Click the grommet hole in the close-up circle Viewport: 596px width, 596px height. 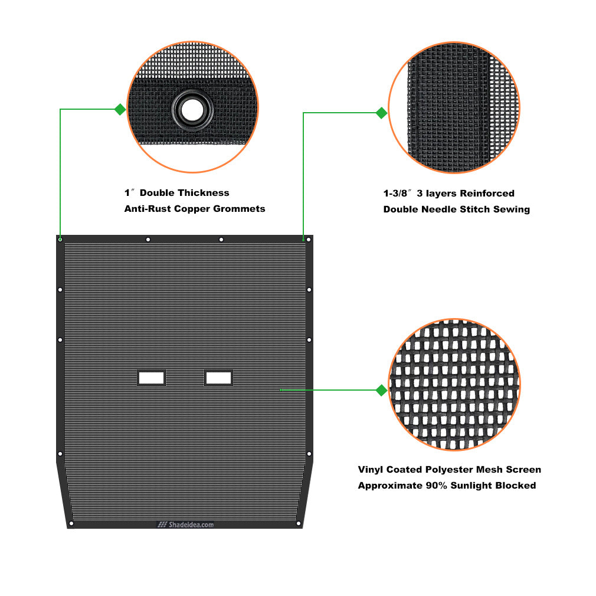[x=192, y=110]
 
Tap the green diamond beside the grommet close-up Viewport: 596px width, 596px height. [x=120, y=110]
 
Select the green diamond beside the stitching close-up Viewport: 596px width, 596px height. [x=381, y=113]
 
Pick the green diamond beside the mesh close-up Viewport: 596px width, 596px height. [x=381, y=391]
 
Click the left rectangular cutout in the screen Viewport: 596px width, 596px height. [x=151, y=378]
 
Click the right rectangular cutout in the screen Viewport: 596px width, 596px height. [x=218, y=378]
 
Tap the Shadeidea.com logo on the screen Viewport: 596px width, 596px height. [x=185, y=525]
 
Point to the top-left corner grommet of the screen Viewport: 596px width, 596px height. [x=60, y=240]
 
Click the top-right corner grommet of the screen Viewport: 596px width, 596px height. [x=309, y=240]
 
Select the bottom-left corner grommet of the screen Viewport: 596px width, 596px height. [x=71, y=524]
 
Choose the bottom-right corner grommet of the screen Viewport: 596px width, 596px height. [x=299, y=524]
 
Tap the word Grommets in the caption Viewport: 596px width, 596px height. [x=239, y=209]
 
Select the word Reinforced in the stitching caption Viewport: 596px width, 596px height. [x=487, y=194]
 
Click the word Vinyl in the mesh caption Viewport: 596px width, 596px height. [x=371, y=470]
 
